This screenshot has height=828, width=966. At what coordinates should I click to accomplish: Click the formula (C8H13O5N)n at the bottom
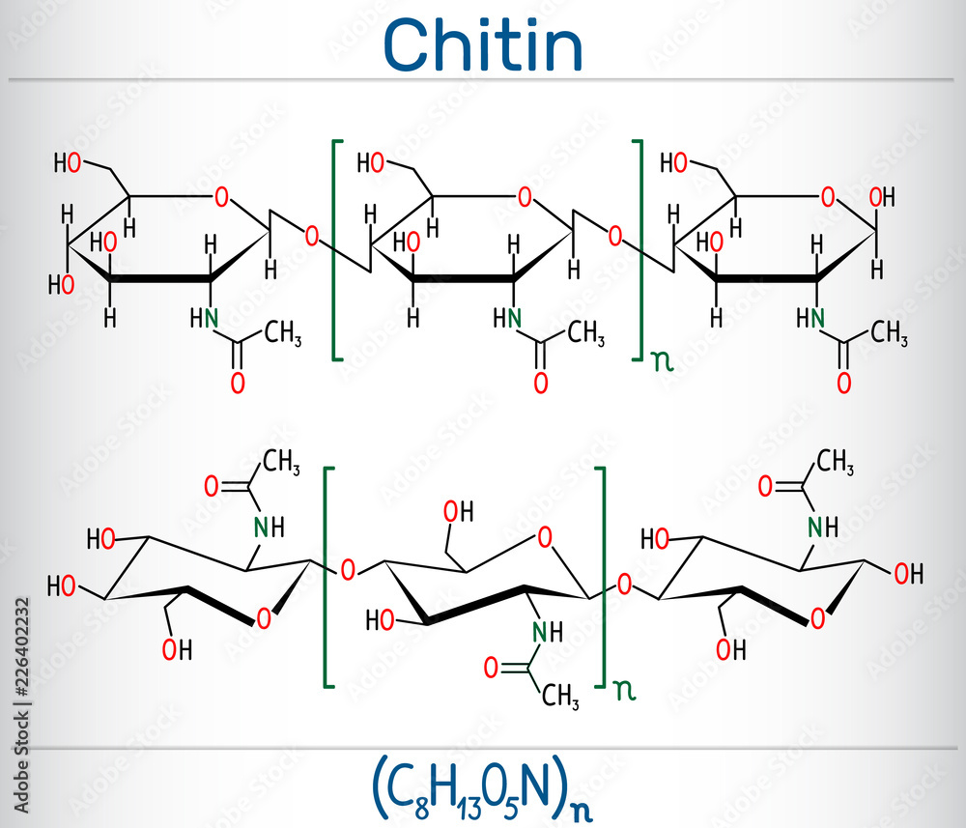pos(483,787)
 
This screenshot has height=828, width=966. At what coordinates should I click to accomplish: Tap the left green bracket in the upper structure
pos(335,249)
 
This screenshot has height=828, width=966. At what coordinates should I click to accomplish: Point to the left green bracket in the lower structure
pos(327,577)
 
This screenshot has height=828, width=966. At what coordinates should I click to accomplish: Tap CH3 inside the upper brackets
pos(585,334)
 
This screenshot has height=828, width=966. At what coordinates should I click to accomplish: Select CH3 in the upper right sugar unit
pos(889,334)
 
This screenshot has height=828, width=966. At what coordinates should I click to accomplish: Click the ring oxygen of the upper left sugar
pos(222,199)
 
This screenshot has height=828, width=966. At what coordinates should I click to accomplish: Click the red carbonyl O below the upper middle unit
pos(540,383)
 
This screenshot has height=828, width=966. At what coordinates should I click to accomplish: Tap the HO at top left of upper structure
pos(67,163)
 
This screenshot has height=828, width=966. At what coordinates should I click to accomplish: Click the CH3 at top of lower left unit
pos(281,463)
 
